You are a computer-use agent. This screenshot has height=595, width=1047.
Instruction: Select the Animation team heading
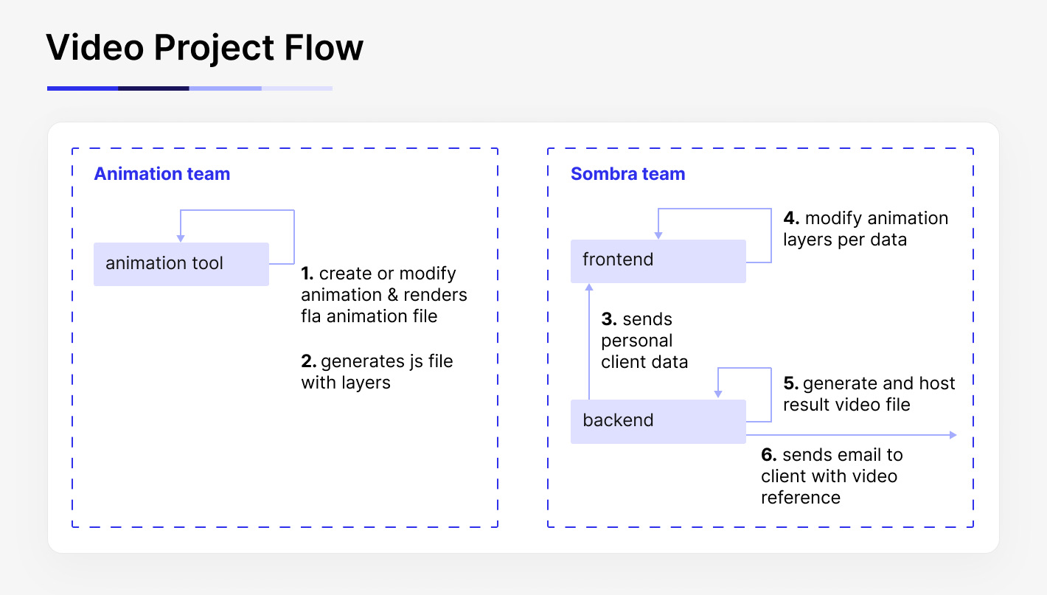click(x=161, y=174)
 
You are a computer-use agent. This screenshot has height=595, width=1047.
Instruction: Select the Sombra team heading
click(x=627, y=174)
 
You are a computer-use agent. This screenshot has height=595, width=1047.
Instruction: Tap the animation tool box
click(x=181, y=264)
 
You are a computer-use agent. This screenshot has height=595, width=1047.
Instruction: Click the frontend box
click(x=658, y=260)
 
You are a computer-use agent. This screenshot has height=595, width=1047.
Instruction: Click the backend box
click(x=658, y=421)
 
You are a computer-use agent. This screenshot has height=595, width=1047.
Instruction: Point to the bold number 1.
click(x=307, y=274)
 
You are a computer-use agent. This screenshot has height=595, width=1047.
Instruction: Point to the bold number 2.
click(x=309, y=361)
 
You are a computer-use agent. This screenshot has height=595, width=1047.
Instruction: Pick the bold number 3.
click(x=609, y=319)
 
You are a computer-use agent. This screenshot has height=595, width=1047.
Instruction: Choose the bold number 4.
click(x=791, y=218)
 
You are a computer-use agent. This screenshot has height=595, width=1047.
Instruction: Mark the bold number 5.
click(x=791, y=383)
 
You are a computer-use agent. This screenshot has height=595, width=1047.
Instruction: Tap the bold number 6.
click(x=769, y=454)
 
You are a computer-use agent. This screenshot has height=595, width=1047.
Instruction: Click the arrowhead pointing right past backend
click(x=953, y=435)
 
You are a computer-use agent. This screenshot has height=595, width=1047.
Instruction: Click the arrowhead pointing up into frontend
click(x=588, y=288)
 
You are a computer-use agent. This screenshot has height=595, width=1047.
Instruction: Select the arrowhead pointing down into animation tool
click(x=181, y=238)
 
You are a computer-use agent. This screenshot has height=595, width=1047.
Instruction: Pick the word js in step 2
click(x=417, y=361)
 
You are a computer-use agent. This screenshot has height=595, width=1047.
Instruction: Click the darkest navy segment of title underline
click(x=153, y=88)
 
